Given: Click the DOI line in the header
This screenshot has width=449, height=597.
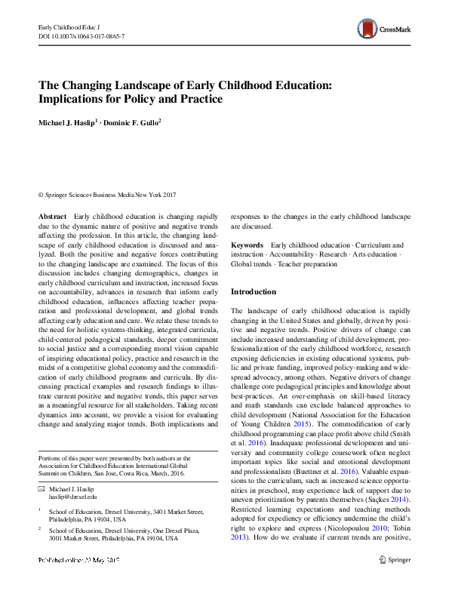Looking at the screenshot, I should [x=81, y=36].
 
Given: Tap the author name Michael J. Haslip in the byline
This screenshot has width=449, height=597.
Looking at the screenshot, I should [x=68, y=123].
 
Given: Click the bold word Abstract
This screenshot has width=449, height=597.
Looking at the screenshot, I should [x=52, y=216].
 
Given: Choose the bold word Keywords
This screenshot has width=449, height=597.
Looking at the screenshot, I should [x=247, y=245].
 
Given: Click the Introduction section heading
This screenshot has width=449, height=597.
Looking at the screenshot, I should [x=254, y=291].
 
